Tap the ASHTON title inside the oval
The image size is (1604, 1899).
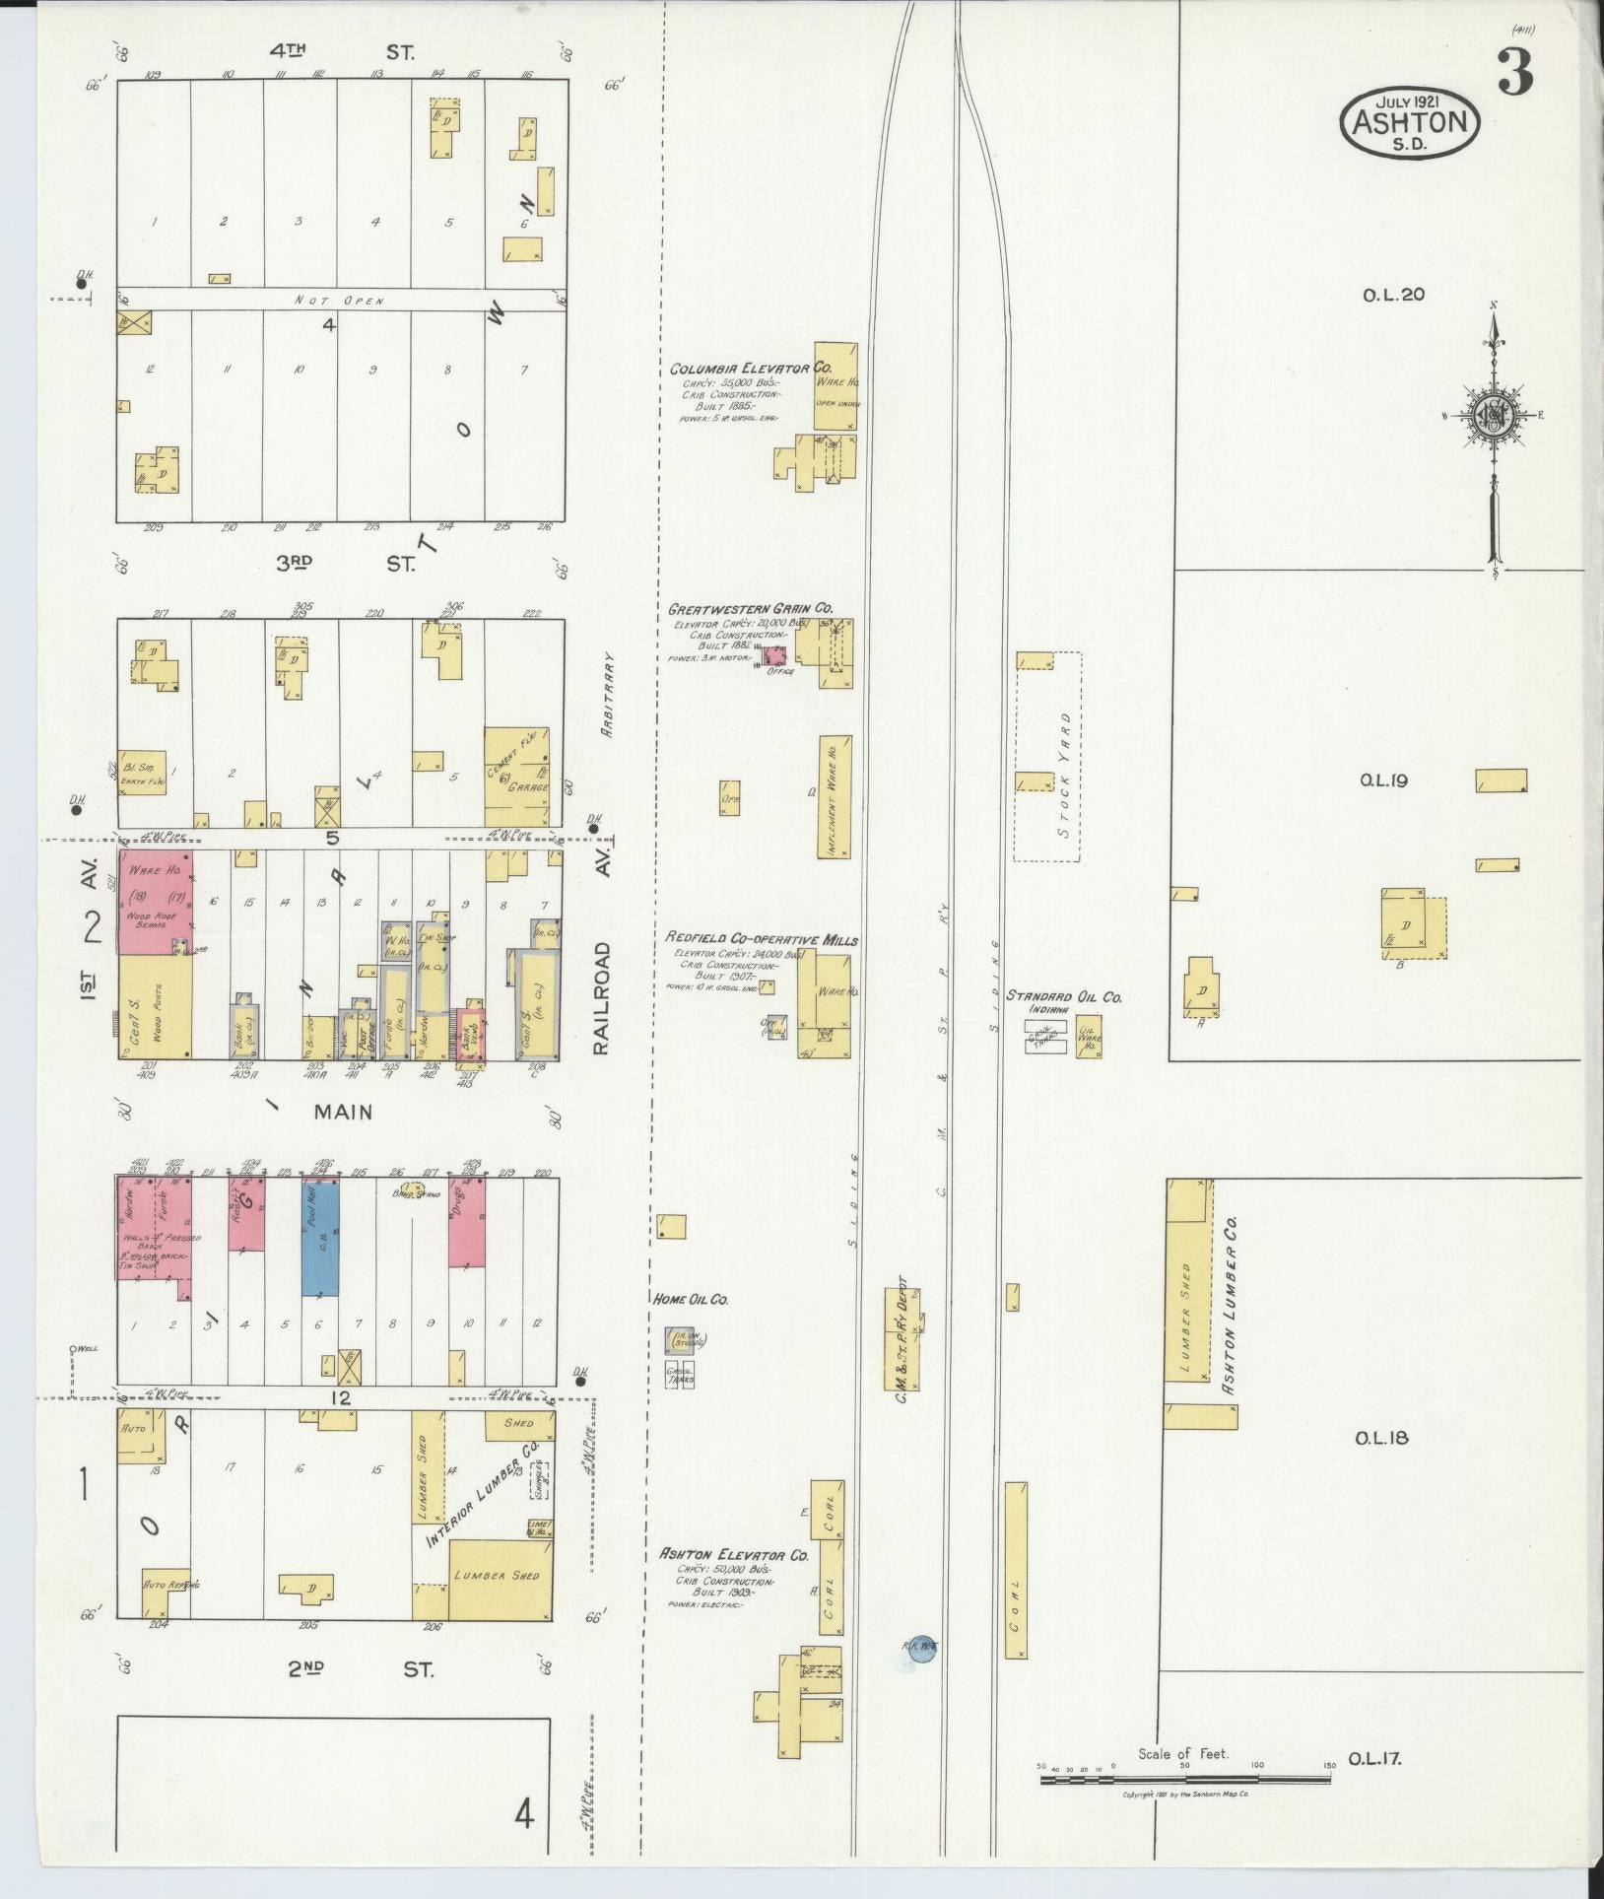(1410, 122)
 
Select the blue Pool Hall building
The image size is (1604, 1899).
(320, 1239)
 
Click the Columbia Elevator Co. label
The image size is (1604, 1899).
(750, 369)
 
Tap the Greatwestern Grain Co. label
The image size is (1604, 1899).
(750, 609)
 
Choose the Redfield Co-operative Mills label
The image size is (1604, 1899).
(762, 939)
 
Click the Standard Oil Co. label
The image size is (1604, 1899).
(1063, 996)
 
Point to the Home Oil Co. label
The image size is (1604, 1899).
(690, 1300)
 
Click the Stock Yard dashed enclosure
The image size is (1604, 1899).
(1048, 756)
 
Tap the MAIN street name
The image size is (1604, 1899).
(343, 1112)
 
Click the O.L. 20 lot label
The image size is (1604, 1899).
(1393, 294)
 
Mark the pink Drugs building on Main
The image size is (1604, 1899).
(466, 1222)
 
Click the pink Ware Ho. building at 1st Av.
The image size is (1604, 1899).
(155, 902)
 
